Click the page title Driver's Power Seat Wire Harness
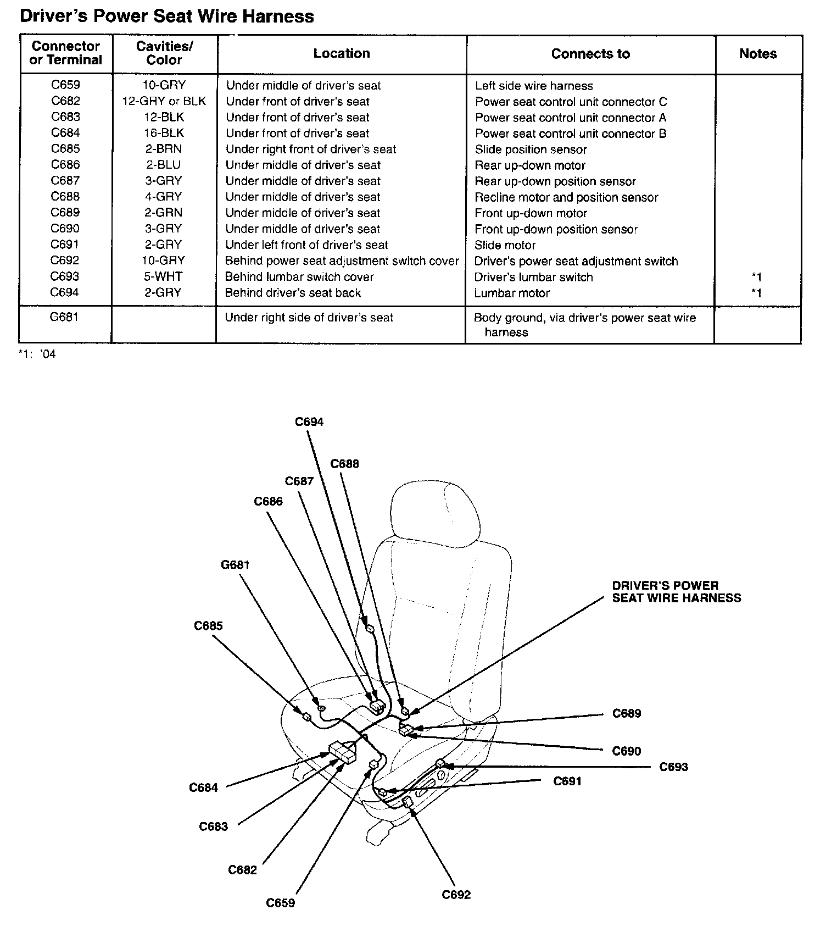coord(166,16)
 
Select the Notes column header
coord(758,54)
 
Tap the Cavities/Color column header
coord(164,53)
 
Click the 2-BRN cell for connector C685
coord(164,149)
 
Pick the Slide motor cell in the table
coord(505,245)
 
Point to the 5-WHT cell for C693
coord(164,277)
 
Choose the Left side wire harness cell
coord(534,86)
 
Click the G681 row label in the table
coord(65,318)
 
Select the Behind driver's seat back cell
coord(293,293)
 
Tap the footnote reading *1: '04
coord(37,354)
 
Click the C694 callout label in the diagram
coord(309,422)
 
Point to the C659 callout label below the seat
coord(280,903)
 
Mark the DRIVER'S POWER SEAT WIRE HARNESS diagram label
coord(676,592)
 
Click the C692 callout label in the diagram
coord(456,895)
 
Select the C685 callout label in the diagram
coord(208,626)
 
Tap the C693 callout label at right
coord(673,767)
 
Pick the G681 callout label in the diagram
coord(235,565)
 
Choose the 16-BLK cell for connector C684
coord(164,133)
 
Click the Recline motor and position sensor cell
coord(566,197)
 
